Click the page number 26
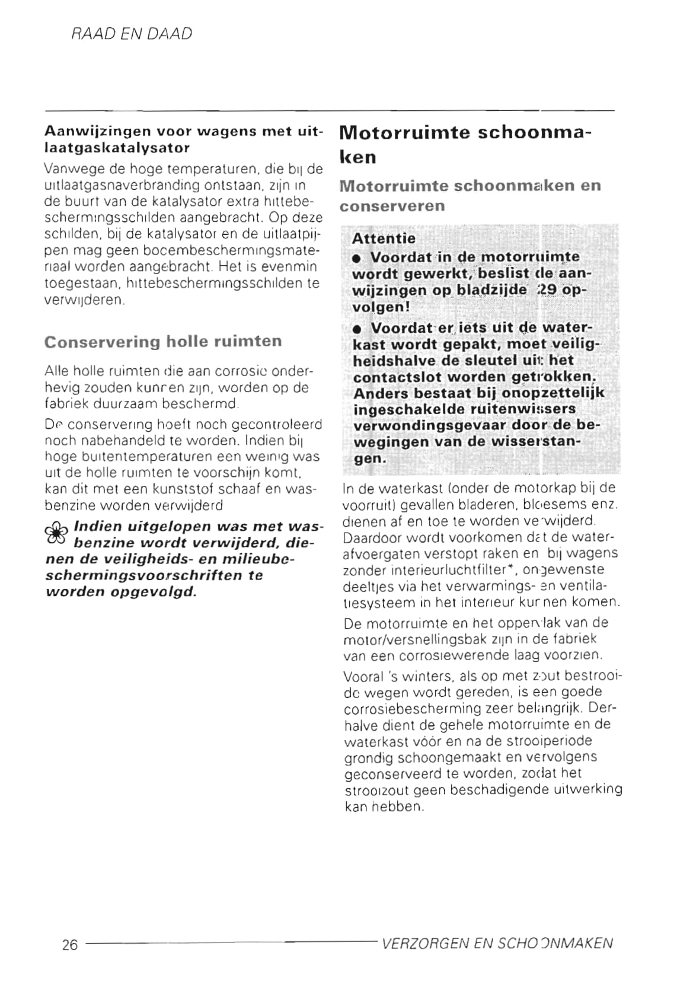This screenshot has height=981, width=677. [x=70, y=945]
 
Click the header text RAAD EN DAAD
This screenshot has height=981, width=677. [x=132, y=34]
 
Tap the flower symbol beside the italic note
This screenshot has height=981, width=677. [x=57, y=534]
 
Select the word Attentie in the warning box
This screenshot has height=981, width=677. [x=384, y=238]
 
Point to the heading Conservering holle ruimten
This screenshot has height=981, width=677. [x=163, y=342]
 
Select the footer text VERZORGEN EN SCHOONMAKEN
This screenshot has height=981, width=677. [x=498, y=944]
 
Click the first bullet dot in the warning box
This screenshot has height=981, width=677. [x=356, y=259]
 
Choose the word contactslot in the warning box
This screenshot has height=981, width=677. [x=397, y=377]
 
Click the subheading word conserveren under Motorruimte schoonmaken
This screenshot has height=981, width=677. [x=392, y=206]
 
